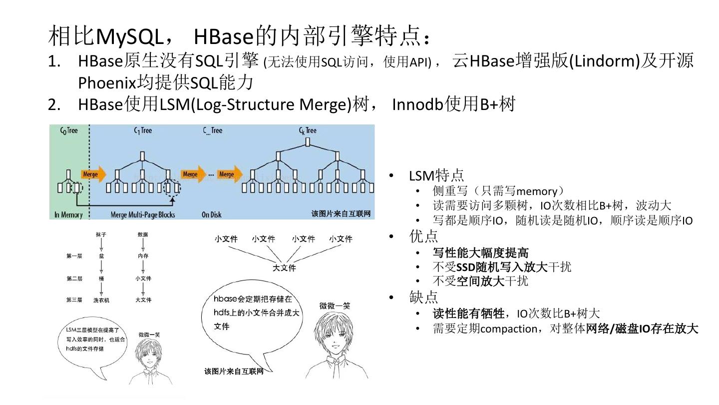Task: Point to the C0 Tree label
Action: [69, 131]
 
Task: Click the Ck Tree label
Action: [308, 131]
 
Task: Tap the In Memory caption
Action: [68, 214]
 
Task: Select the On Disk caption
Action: [212, 214]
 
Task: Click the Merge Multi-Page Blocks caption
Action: [143, 214]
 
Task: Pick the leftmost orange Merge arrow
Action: [93, 174]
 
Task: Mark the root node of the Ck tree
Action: [308, 142]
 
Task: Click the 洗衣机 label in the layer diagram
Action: [101, 300]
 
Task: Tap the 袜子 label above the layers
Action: [101, 234]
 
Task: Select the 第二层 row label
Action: [74, 278]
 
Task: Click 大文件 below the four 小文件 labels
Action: [284, 268]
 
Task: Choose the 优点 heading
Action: [423, 235]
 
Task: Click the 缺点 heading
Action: [423, 297]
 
